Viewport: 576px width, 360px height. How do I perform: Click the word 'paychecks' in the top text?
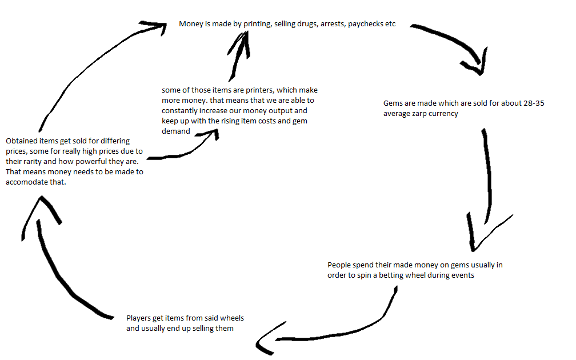pos(365,24)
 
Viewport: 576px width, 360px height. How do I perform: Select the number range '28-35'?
pos(534,103)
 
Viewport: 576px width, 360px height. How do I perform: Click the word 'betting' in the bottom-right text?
pos(390,275)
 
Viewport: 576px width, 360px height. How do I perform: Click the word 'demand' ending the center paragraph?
pos(176,131)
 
